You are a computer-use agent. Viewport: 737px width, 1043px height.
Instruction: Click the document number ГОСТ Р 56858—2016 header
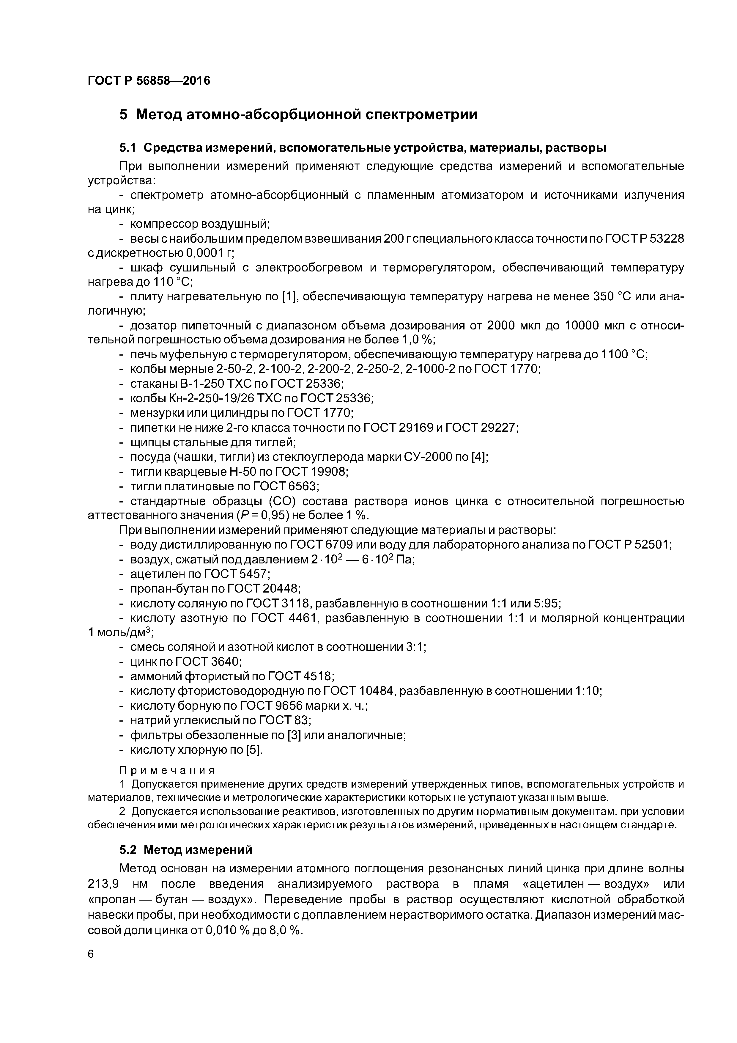pos(149,81)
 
